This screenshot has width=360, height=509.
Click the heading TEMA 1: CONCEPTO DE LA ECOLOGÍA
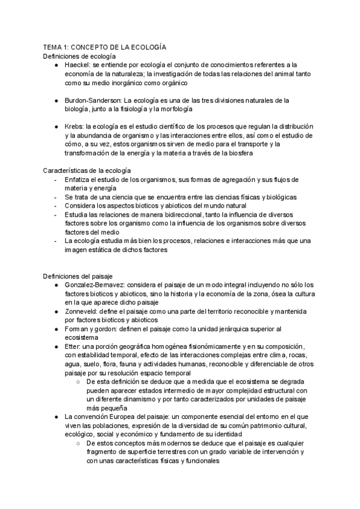[x=104, y=46]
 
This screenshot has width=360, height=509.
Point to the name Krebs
[x=73, y=127]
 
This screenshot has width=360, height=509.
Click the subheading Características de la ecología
[x=88, y=171]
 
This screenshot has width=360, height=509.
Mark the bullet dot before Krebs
[x=56, y=127]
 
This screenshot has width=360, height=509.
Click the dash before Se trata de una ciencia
[x=56, y=197]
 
